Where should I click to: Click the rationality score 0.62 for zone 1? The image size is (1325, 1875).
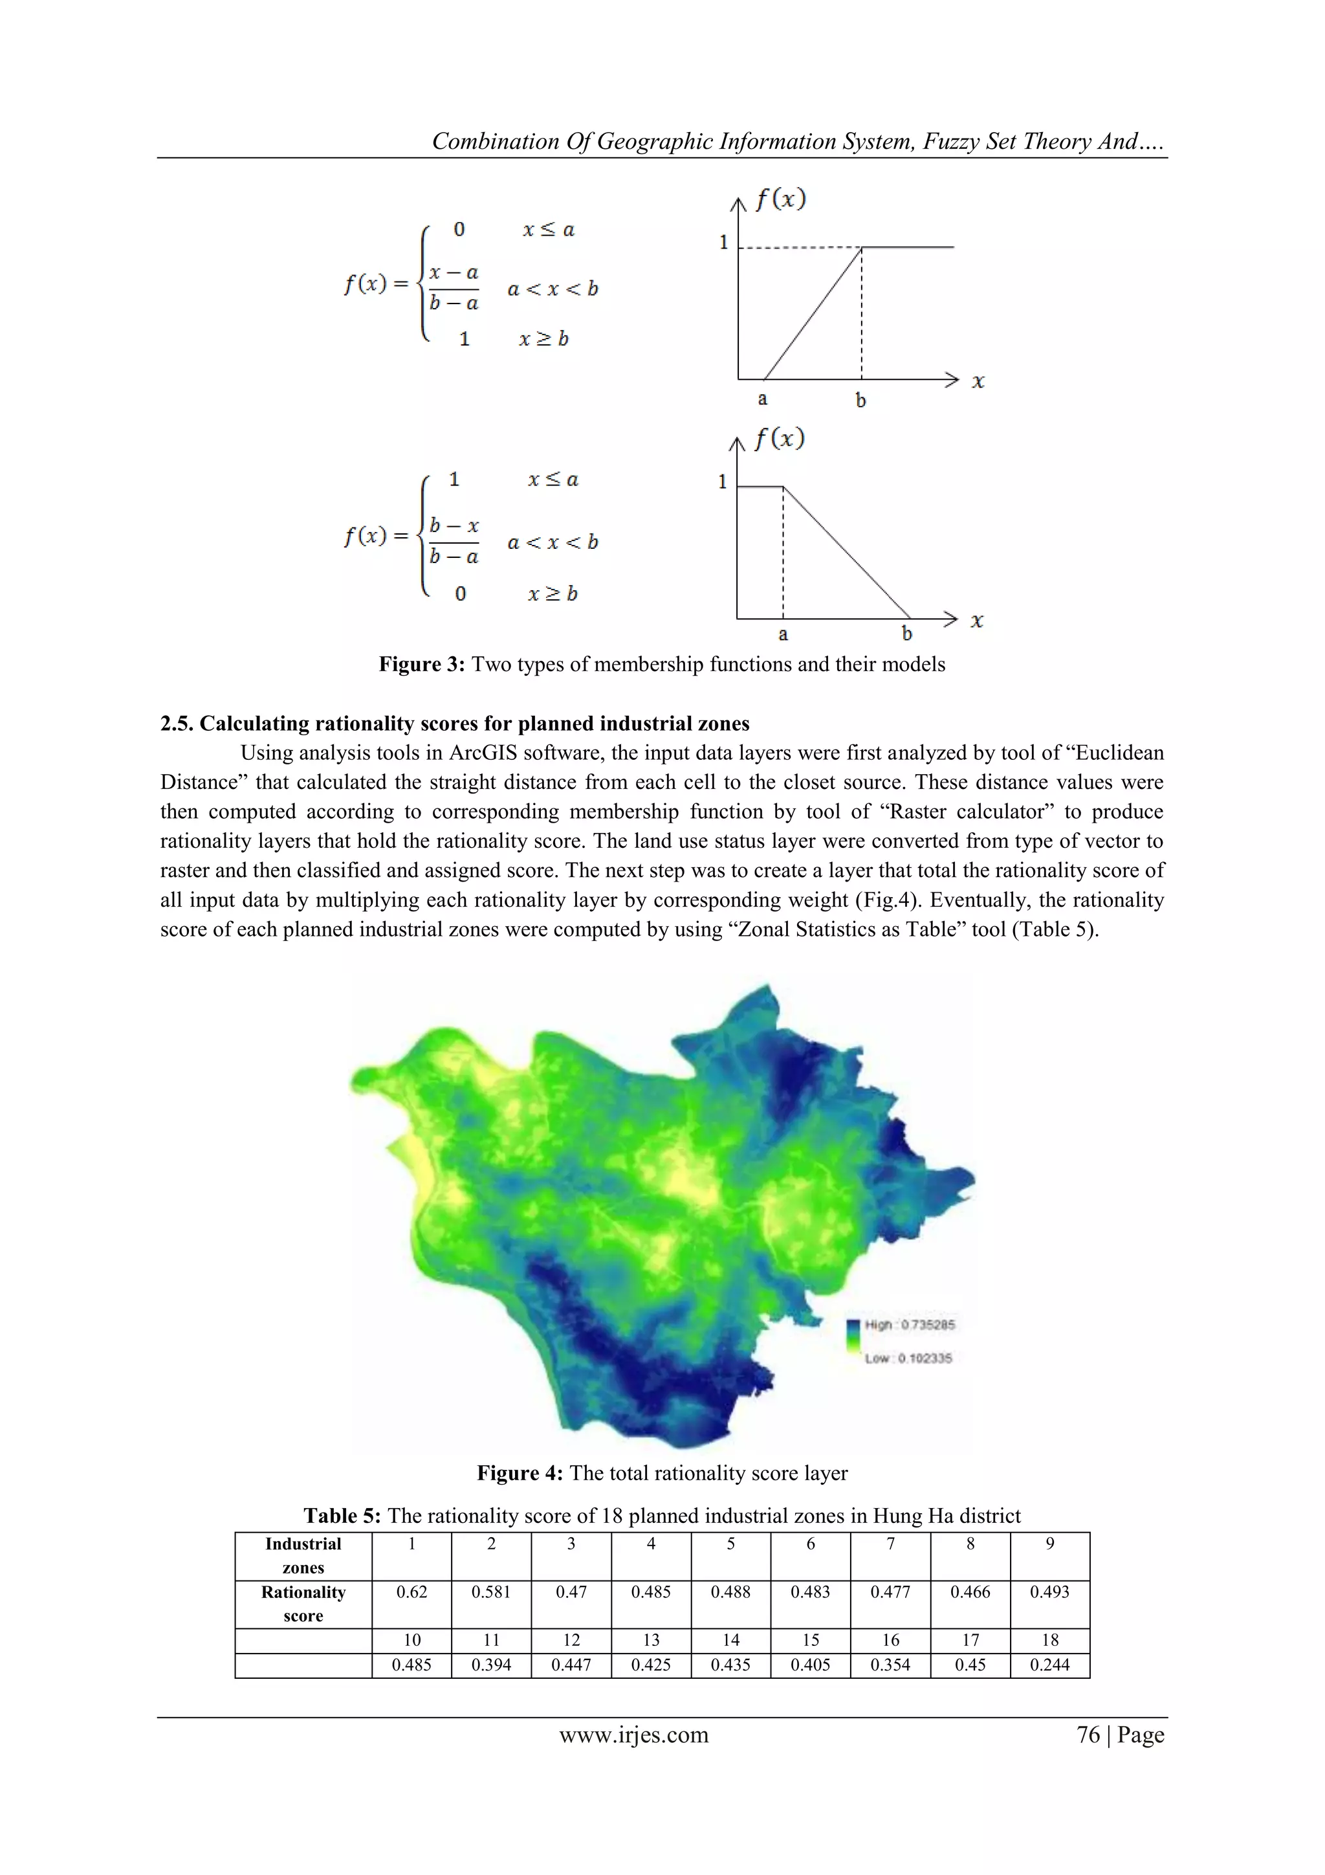pos(411,1592)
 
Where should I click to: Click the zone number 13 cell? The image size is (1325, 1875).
pos(651,1640)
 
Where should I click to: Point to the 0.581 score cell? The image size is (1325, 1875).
pos(490,1592)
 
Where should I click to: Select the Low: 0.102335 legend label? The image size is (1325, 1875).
pos(908,1358)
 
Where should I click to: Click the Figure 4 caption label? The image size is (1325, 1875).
pos(520,1473)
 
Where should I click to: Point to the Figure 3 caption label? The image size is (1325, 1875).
pos(421,664)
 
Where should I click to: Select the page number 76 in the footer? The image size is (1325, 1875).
pos(1088,1735)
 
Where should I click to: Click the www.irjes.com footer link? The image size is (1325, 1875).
pos(633,1735)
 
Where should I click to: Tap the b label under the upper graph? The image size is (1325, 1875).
pos(860,400)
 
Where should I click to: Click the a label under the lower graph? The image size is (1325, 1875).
pos(783,634)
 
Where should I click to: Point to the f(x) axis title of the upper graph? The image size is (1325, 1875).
pos(780,199)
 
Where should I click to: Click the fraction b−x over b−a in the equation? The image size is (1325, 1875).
pos(454,540)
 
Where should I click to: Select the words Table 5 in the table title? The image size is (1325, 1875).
pos(342,1516)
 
